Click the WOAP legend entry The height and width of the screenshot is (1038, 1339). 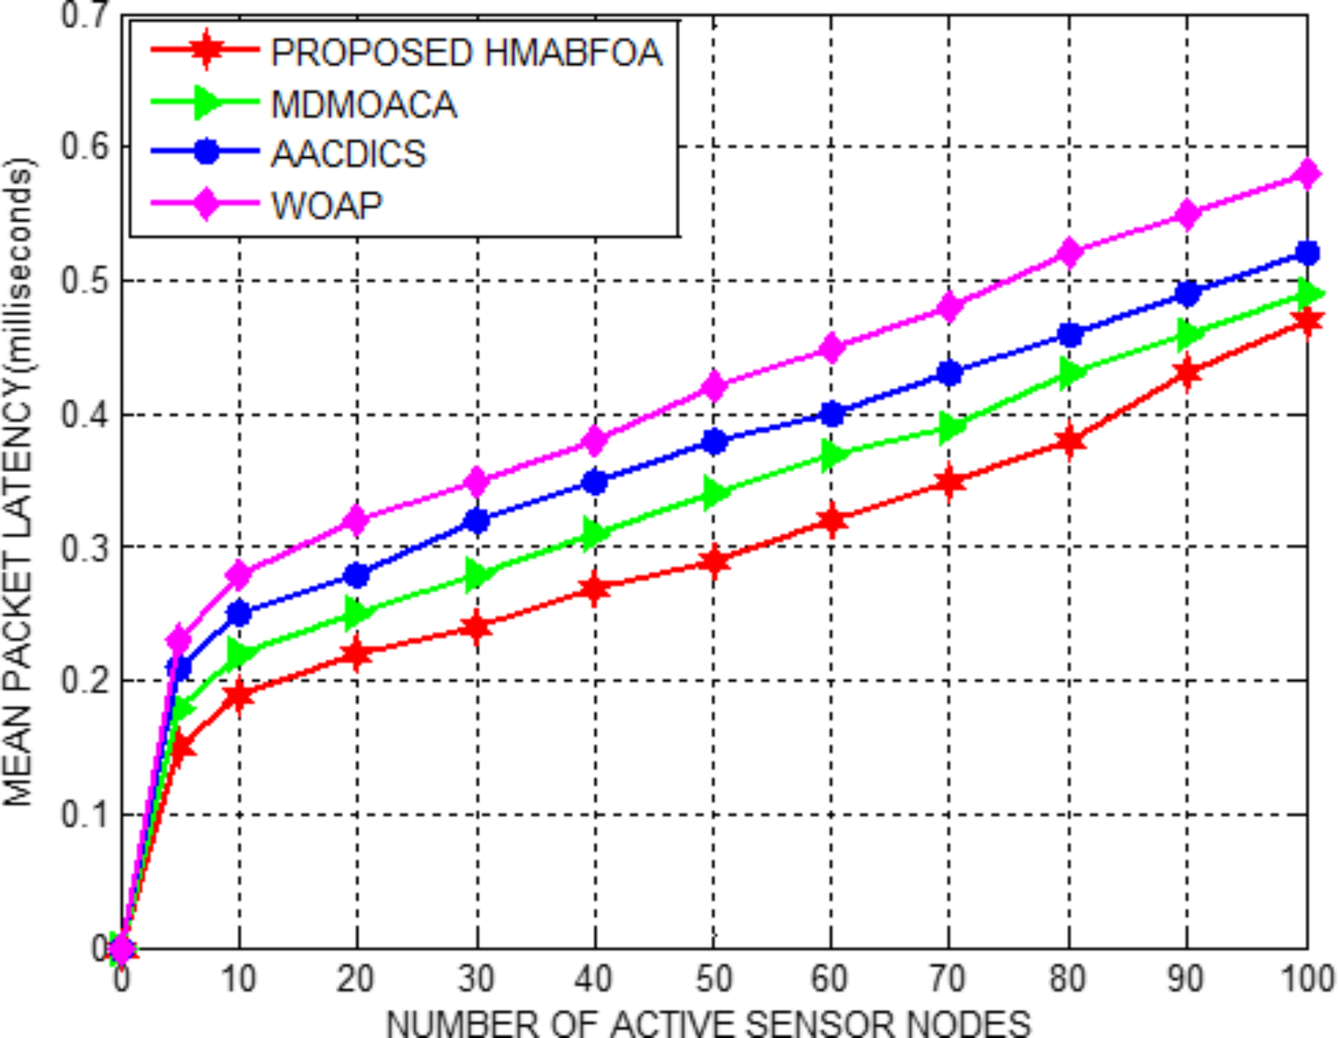(x=326, y=205)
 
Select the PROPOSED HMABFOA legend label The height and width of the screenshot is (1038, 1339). (x=466, y=53)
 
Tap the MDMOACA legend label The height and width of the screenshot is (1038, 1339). (x=363, y=104)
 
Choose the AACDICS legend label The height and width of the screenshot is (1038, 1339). (x=348, y=154)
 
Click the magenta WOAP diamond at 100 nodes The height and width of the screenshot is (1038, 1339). (x=1307, y=173)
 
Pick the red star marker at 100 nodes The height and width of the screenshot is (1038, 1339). (x=1307, y=321)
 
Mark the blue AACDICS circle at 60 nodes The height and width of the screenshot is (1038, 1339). (x=831, y=415)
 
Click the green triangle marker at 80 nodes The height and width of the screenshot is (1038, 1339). (x=1069, y=373)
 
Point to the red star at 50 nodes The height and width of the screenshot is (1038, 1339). (x=713, y=560)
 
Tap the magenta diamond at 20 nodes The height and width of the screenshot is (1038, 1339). (x=356, y=520)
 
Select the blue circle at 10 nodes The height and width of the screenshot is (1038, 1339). (x=239, y=613)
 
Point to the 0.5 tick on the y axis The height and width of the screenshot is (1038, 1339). (x=85, y=281)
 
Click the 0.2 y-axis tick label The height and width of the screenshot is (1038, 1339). (x=85, y=680)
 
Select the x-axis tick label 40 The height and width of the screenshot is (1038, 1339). (x=594, y=979)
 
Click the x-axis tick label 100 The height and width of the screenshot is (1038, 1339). (x=1305, y=979)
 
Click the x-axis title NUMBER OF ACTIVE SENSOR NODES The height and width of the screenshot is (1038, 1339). (x=708, y=1022)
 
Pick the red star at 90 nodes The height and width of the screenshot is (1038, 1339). (x=1188, y=373)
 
